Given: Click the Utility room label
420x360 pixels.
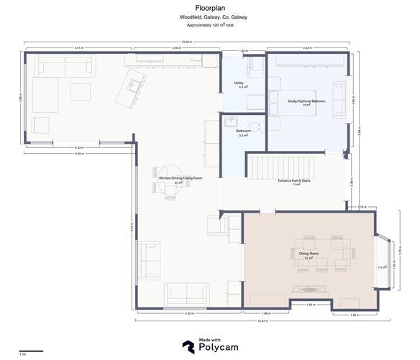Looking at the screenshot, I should [239, 83].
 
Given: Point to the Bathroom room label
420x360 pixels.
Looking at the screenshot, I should [243, 131].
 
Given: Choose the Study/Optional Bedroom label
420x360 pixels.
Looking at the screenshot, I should [306, 101].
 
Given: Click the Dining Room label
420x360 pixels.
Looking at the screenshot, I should [309, 253].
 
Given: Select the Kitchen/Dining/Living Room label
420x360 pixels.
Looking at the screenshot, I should [181, 177].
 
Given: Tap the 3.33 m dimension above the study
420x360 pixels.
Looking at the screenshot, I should [307, 48].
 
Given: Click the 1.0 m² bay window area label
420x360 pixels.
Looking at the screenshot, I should [381, 267].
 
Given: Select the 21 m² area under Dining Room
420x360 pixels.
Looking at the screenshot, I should [309, 258].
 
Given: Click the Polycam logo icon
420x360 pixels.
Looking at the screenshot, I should [189, 346].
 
